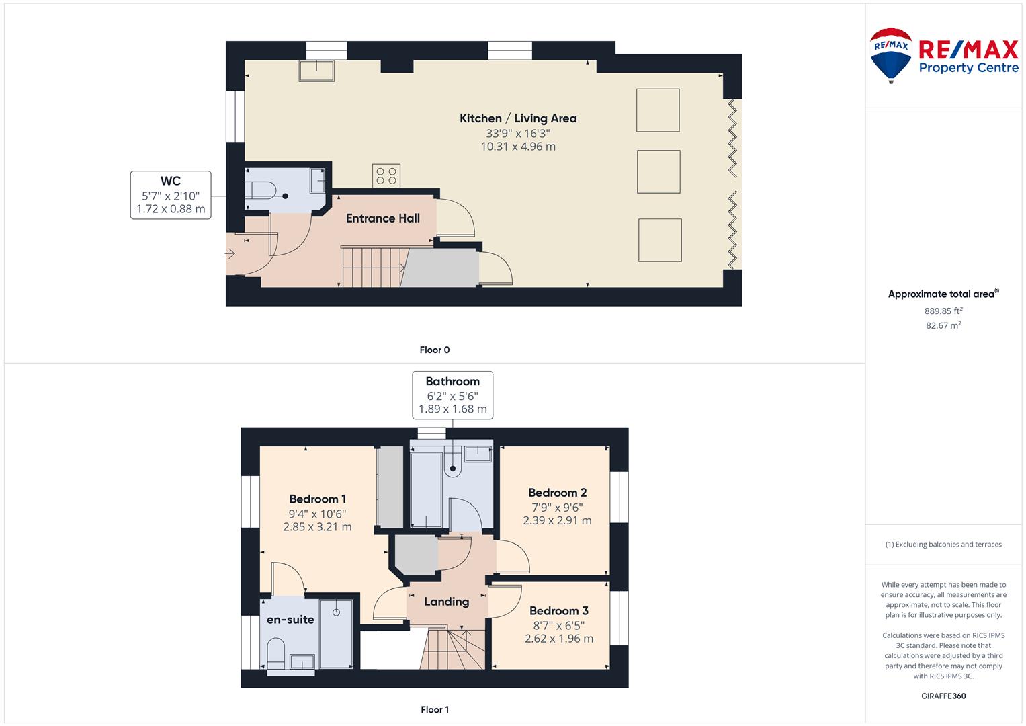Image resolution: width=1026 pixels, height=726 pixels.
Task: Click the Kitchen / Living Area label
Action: pos(518,118)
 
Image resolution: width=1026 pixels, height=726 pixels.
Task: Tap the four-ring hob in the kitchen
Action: pos(386,175)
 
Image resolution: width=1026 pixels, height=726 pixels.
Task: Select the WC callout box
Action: pos(171,195)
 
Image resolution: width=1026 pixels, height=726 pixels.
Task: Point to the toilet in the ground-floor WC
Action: pos(260,190)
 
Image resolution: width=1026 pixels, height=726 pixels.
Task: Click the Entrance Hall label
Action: pos(383,218)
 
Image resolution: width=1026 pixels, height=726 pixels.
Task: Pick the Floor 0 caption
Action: pos(435,350)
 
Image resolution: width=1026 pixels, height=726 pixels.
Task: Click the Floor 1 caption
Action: pos(435,709)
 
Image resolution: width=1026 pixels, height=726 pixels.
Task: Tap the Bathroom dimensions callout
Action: pos(453,395)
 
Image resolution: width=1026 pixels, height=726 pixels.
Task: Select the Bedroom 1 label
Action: pos(317,499)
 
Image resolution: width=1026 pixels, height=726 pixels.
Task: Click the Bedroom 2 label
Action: pos(558,493)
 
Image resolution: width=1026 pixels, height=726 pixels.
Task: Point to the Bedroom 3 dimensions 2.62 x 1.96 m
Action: pos(559,639)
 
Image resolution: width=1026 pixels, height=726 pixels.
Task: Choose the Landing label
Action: pos(447,602)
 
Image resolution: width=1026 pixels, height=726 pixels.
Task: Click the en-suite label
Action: pos(290,620)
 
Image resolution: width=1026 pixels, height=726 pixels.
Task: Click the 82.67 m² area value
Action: pos(943,325)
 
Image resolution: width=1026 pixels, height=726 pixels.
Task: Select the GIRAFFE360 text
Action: pos(943,696)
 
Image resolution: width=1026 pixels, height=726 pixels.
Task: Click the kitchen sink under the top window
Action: pos(316,71)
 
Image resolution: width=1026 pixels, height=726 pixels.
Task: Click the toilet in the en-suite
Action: pos(275,653)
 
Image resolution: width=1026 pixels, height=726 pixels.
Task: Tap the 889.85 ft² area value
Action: pos(943,311)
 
